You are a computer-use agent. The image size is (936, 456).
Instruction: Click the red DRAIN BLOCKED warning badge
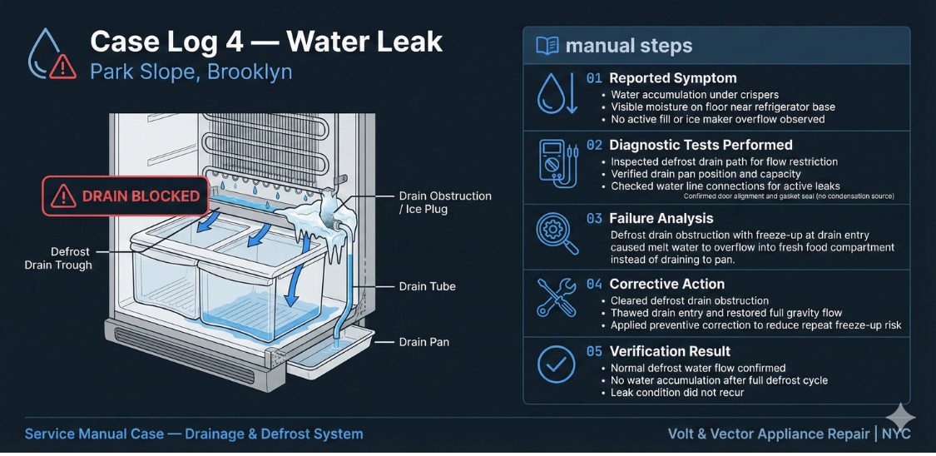tap(125, 196)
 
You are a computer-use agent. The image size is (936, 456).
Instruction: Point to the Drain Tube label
tap(427, 286)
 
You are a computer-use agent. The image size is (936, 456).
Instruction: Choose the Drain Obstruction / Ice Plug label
tap(445, 202)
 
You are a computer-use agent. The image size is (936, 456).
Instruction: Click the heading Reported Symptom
tap(672, 78)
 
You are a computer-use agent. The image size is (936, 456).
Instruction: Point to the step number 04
tap(594, 285)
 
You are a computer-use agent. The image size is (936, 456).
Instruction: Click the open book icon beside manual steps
tap(547, 46)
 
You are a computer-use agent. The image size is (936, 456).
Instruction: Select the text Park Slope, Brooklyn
tap(191, 72)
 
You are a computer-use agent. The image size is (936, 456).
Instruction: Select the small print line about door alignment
tap(789, 196)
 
